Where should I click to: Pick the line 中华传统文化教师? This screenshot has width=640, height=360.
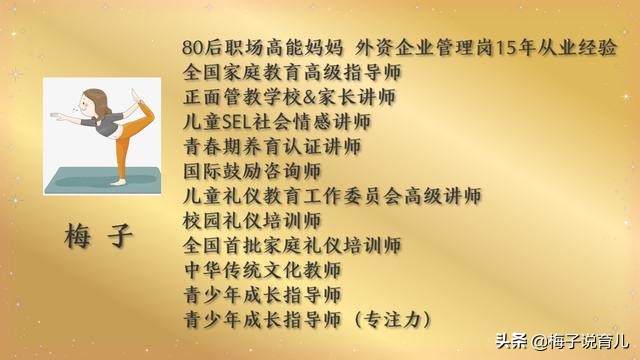[262, 270]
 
